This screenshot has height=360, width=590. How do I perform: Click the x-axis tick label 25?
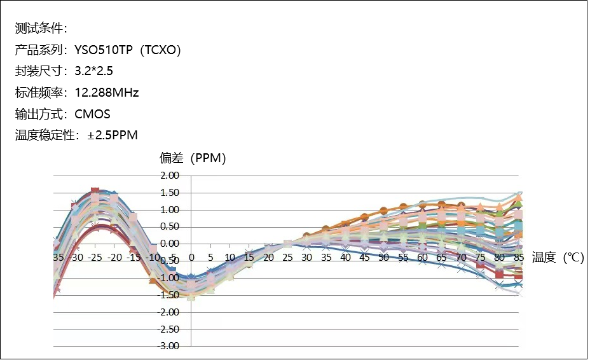287,257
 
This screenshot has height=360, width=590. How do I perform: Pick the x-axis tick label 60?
422,257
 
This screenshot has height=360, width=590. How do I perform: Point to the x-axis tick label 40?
345,257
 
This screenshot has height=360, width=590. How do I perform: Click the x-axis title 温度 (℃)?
558,257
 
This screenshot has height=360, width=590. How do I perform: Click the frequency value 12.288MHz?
107,93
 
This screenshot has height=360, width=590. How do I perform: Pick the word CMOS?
92,114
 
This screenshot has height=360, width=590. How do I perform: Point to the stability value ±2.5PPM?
112,135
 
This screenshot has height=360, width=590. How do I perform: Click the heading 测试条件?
38,29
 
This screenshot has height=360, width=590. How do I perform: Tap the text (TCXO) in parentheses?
161,50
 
